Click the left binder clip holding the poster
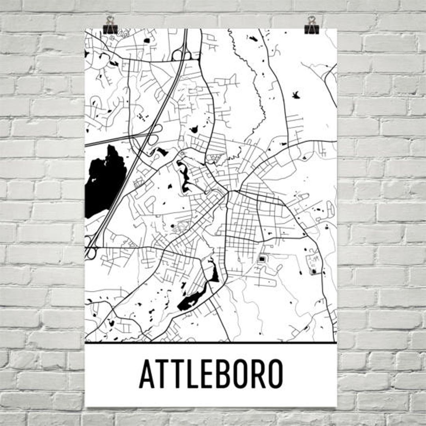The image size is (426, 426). [110, 25]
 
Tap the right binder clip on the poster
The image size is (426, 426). [311, 25]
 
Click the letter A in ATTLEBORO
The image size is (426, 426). [148, 374]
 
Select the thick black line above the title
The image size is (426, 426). [211, 343]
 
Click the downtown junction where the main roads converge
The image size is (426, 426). [228, 192]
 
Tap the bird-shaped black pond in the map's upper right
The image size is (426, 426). [295, 94]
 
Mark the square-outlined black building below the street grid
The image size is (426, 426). [262, 259]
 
